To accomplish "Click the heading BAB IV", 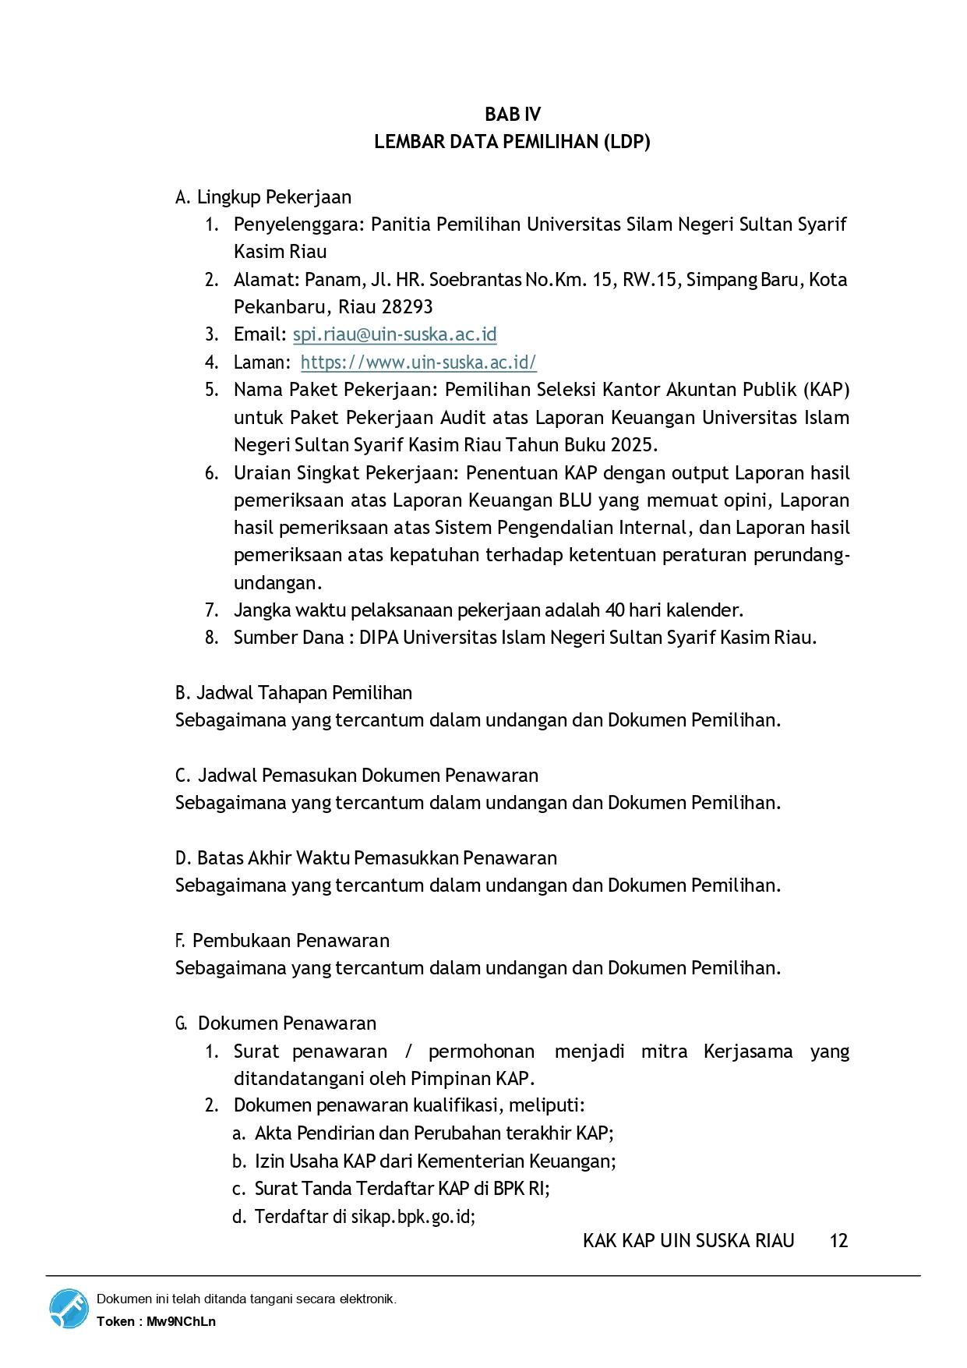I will click(512, 115).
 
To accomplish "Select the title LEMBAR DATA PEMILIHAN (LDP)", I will click(512, 142).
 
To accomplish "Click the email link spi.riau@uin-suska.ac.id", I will click(394, 334).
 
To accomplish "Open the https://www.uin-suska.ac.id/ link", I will click(418, 362).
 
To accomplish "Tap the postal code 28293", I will click(407, 307).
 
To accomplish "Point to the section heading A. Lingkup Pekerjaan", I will click(263, 197).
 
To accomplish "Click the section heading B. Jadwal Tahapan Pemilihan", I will click(294, 693).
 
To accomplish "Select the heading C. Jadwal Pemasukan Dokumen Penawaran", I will click(357, 776).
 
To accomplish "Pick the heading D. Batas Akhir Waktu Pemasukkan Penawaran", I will click(366, 858).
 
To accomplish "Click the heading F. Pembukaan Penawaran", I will click(282, 941).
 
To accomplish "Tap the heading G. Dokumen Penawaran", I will click(276, 1023).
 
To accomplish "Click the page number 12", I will click(838, 1241).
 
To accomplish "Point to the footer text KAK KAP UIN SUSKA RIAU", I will click(688, 1241).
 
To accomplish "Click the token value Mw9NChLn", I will click(181, 1321).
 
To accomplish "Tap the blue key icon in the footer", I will click(69, 1309).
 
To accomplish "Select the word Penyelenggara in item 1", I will click(298, 224).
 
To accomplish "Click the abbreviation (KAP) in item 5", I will click(827, 390).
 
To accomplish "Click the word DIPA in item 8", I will click(379, 638).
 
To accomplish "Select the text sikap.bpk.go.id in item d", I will click(412, 1217).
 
